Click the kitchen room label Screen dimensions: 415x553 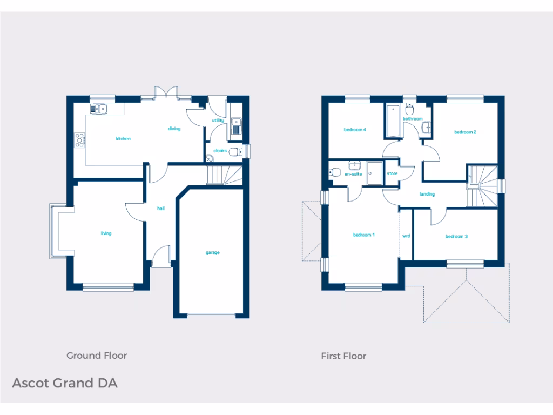(x=123, y=139)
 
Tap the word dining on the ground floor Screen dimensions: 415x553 (x=174, y=129)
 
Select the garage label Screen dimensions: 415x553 (x=212, y=252)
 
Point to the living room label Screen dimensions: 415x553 (x=106, y=233)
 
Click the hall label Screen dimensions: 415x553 (x=160, y=208)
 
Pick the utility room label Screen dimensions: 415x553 (x=218, y=121)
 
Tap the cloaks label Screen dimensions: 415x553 (x=220, y=151)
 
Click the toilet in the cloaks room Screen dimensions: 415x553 (x=235, y=152)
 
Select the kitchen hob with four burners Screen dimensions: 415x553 (x=80, y=140)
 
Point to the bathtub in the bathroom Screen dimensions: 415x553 (x=391, y=121)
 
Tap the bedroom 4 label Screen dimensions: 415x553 (x=355, y=130)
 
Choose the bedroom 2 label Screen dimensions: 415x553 (x=465, y=132)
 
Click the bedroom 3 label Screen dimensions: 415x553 (x=456, y=236)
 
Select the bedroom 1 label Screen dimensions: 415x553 (x=364, y=235)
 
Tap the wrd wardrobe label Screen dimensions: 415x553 (x=406, y=236)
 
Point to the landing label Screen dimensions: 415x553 (x=427, y=194)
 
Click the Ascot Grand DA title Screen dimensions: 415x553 (x=64, y=383)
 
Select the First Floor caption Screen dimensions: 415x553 (x=343, y=356)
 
